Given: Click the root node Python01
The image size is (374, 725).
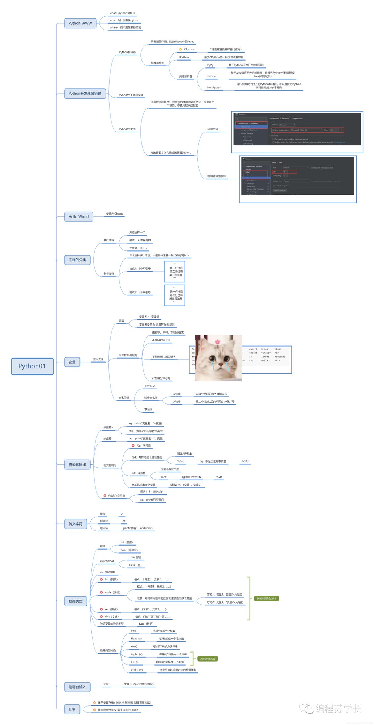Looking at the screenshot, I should pyautogui.click(x=32, y=366).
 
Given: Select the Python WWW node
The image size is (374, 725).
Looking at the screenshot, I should pyautogui.click(x=80, y=23).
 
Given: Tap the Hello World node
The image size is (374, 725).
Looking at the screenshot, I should pyautogui.click(x=78, y=217).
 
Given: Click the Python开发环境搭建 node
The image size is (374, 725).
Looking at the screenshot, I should pyautogui.click(x=85, y=94).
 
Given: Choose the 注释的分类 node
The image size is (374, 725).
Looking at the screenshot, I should pyautogui.click(x=77, y=260).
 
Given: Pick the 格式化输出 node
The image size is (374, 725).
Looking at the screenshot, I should pyautogui.click(x=77, y=465).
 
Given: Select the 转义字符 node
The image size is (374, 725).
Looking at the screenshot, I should pyautogui.click(x=75, y=524).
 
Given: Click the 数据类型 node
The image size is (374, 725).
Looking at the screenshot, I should pyautogui.click(x=75, y=601).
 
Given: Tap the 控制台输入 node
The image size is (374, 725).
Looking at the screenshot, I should pyautogui.click(x=77, y=687).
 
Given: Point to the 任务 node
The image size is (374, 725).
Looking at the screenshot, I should pyautogui.click(x=72, y=709).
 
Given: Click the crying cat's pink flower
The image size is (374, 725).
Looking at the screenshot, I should pyautogui.click(x=218, y=341).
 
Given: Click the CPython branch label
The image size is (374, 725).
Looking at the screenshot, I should pyautogui.click(x=189, y=49).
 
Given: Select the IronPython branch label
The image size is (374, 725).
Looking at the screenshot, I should pyautogui.click(x=214, y=88).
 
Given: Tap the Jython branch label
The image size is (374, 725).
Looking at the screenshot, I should pyautogui.click(x=211, y=76).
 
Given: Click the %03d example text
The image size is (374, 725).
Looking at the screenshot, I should pyautogui.click(x=245, y=461).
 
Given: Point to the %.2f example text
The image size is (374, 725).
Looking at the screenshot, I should pyautogui.click(x=219, y=477).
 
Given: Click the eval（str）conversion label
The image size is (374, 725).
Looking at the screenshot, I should pyautogui.click(x=137, y=670).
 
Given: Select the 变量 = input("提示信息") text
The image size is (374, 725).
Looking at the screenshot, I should pyautogui.click(x=139, y=684).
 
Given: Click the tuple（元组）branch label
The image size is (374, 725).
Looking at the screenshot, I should pyautogui.click(x=112, y=592).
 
